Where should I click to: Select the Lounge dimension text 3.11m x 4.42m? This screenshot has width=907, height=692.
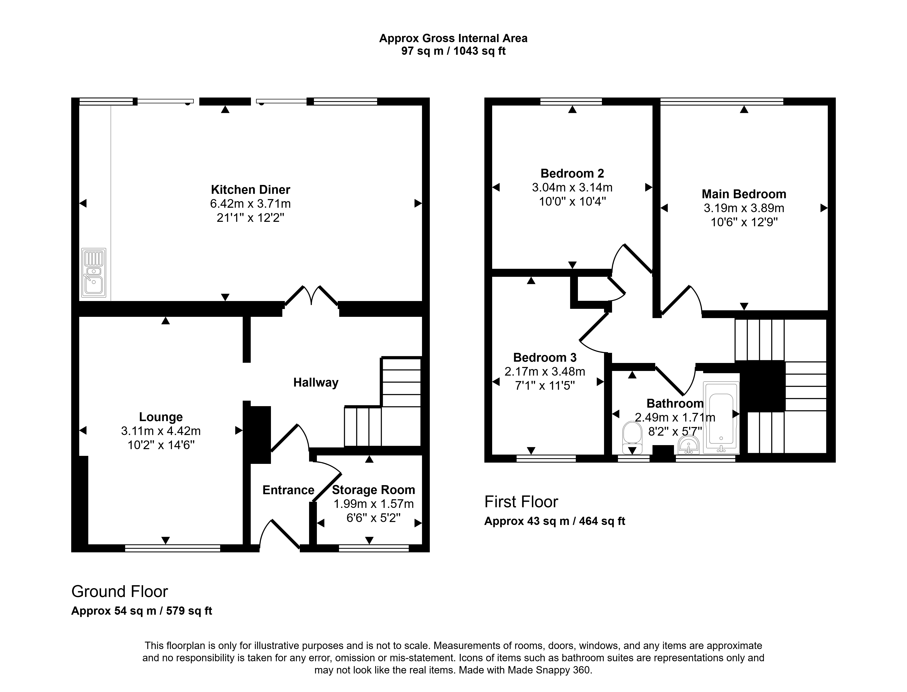point(161,431)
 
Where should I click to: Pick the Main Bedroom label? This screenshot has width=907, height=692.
point(744,194)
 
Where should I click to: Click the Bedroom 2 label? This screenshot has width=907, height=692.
point(572,173)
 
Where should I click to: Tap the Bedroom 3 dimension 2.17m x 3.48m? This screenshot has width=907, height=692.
point(545,372)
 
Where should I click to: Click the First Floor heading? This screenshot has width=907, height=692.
point(521,502)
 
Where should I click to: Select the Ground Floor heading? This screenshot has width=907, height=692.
point(119,592)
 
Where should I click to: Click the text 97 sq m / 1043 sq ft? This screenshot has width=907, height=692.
point(453,51)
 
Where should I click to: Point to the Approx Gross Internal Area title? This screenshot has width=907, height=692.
point(453,38)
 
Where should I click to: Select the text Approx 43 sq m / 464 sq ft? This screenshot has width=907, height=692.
point(554,521)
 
